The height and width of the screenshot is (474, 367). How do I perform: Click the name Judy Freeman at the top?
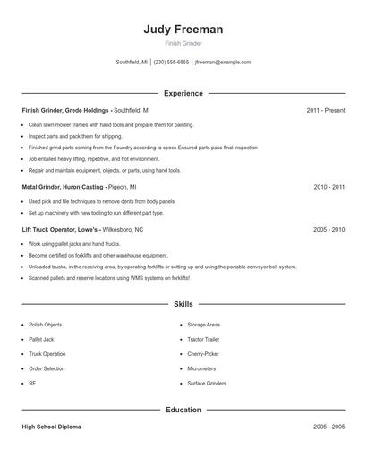click(183, 30)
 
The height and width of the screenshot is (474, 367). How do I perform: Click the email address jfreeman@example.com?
click(223, 63)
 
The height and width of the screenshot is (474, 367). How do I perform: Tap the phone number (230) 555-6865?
click(172, 63)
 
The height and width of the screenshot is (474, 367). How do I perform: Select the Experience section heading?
click(183, 93)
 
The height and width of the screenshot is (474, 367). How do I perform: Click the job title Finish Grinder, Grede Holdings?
click(66, 110)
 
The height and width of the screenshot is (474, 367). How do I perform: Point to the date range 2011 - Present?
click(325, 110)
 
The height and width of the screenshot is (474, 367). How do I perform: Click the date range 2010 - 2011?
click(329, 187)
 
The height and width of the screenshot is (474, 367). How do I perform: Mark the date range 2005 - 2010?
click(329, 229)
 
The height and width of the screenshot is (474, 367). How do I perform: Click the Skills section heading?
click(183, 305)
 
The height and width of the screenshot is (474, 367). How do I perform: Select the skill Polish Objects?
click(46, 325)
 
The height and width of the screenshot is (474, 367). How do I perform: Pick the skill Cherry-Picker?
click(203, 354)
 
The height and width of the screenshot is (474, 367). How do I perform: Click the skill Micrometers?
click(201, 368)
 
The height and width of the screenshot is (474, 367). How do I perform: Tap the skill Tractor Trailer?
click(204, 340)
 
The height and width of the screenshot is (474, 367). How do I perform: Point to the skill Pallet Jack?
click(41, 340)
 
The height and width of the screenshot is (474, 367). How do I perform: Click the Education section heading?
click(183, 410)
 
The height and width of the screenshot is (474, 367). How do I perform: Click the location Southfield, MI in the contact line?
click(132, 63)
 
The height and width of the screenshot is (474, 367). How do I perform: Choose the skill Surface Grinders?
click(207, 383)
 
